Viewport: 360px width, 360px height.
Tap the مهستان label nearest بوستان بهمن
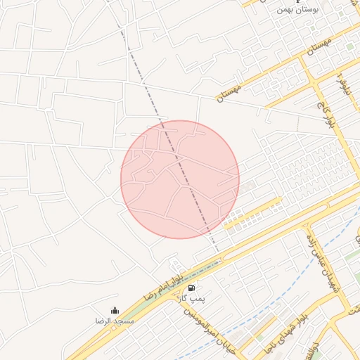[320, 48]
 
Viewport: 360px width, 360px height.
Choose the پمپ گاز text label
[190, 299]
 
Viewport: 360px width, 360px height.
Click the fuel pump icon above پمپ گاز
[191, 288]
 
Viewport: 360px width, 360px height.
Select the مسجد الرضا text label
[115, 321]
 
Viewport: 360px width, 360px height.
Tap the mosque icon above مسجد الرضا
[115, 310]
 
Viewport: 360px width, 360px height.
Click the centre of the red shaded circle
[180, 179]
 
